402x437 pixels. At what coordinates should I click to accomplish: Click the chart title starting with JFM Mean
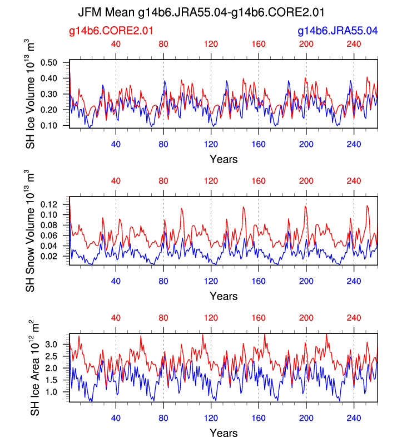point(201,12)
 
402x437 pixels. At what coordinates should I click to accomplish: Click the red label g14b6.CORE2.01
point(111,31)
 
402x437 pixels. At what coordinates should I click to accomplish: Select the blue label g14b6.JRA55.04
point(338,31)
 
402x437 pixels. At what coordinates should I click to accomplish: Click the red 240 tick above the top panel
point(354,44)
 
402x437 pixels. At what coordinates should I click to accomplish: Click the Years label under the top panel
point(224,160)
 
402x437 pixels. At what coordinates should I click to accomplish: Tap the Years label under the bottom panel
point(224,433)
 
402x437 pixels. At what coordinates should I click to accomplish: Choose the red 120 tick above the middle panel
point(211,181)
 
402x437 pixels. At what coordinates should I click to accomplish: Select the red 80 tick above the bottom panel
point(163,318)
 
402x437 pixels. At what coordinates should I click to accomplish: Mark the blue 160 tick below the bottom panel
point(259,417)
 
